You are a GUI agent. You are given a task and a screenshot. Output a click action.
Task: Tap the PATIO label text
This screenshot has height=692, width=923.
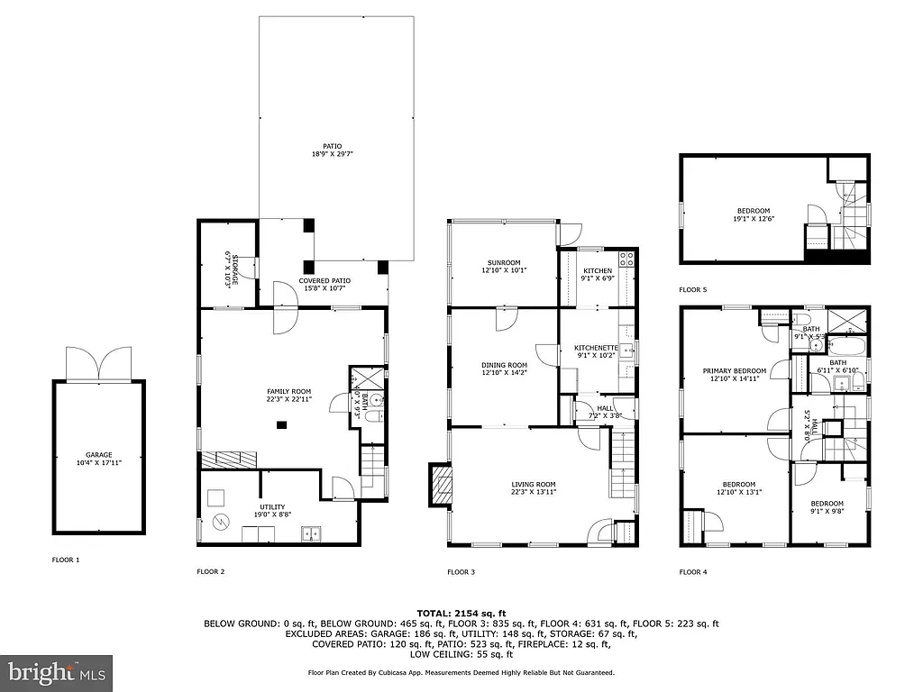coord(334,150)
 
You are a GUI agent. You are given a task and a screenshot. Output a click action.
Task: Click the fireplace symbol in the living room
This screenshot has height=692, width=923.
coord(442,486)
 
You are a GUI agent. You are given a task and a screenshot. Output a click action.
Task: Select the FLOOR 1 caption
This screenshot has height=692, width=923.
coord(65,560)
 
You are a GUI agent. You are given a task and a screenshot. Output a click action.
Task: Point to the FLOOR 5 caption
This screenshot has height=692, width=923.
coord(693,290)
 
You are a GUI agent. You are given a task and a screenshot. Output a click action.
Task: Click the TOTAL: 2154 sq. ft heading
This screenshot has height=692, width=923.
coord(461,613)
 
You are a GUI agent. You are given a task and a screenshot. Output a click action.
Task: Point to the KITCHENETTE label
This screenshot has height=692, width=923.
coord(597,351)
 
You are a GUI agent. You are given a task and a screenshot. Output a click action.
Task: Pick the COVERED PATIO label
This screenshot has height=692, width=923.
coord(325,284)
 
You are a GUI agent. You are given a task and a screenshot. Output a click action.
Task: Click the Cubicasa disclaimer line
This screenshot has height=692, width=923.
coord(461,672)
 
